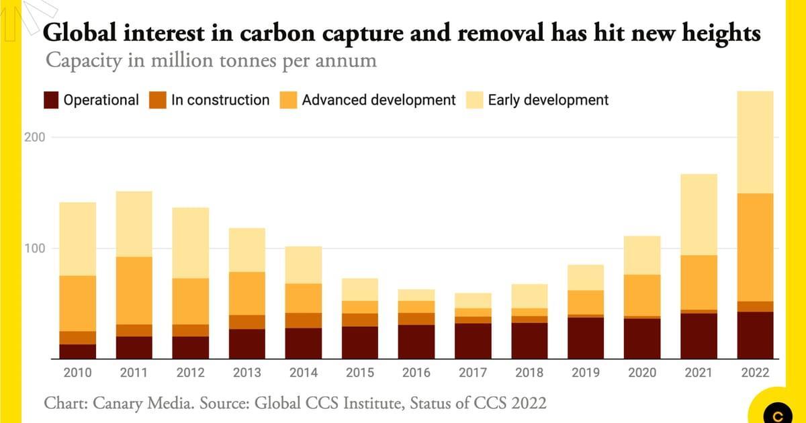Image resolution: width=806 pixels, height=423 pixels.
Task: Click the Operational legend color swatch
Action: [51, 101]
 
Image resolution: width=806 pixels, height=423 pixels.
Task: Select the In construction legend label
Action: [220, 101]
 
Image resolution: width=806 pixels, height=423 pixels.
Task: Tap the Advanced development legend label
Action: [379, 101]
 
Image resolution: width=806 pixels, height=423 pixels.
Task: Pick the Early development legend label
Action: [548, 101]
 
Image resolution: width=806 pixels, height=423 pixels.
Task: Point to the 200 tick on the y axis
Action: [36, 137]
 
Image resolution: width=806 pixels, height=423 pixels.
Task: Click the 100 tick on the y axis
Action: [36, 248]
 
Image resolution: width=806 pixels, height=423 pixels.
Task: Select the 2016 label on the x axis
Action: [416, 372]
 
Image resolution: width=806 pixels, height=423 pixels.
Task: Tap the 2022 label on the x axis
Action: [754, 372]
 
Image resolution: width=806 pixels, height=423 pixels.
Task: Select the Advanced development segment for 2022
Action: [754, 247]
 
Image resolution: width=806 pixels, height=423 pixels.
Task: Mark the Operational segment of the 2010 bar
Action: [77, 351]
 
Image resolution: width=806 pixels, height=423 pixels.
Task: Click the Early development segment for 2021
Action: [698, 214]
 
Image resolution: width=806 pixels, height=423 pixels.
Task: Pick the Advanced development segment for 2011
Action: [134, 290]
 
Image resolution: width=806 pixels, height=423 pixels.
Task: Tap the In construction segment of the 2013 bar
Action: [247, 322]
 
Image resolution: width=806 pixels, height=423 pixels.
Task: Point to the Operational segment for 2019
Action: [585, 338]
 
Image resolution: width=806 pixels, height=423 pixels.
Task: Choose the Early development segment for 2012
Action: [190, 242]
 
